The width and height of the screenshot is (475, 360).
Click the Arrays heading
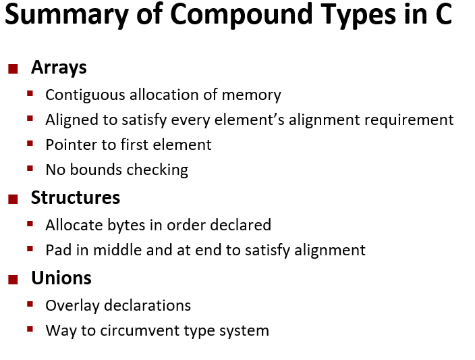(59, 68)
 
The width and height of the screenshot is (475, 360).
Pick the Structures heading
(76, 197)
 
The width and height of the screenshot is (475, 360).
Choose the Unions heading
(61, 278)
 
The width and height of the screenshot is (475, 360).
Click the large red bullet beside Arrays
(13, 68)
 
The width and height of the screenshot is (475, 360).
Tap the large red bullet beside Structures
(13, 198)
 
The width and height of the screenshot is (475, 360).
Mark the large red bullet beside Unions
(13, 278)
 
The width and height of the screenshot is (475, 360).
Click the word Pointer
(70, 145)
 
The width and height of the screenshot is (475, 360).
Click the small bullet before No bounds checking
(30, 168)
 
